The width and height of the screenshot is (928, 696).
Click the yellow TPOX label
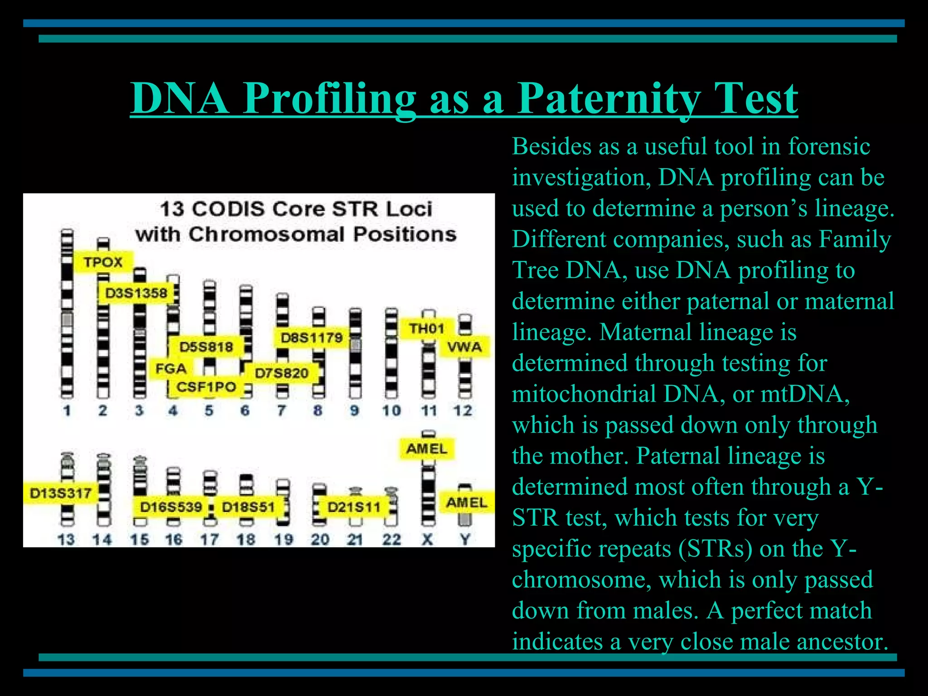click(103, 262)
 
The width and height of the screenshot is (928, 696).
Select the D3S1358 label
click(136, 293)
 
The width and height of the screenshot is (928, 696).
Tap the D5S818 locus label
click(206, 347)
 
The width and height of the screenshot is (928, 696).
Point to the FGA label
click(171, 368)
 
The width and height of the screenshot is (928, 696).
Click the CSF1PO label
click(206, 387)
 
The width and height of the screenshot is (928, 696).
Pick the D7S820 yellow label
click(281, 373)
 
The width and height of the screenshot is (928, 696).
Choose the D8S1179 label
click(311, 338)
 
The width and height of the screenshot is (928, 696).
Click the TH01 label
click(426, 328)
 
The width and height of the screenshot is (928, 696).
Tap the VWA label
click(464, 347)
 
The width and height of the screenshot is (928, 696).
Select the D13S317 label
click(60, 493)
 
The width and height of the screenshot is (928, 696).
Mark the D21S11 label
click(354, 507)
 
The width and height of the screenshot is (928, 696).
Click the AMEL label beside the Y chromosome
click(466, 503)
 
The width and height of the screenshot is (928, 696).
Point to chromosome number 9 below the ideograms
click(354, 411)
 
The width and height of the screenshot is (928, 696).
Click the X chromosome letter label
click(427, 539)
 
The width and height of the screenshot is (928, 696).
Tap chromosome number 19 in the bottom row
click(283, 539)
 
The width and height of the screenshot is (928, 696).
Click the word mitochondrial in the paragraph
click(584, 394)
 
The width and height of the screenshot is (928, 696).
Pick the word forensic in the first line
click(829, 146)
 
